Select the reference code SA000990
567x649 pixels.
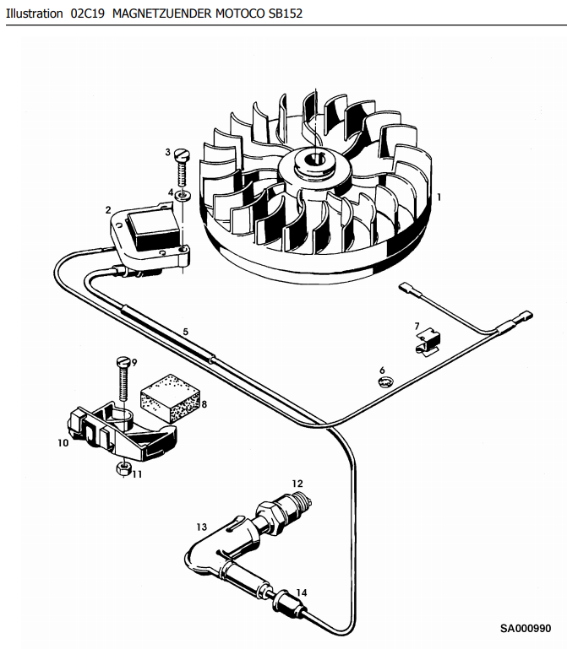click(x=525, y=629)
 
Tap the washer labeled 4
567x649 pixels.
click(x=184, y=196)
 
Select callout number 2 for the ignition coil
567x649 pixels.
click(x=107, y=209)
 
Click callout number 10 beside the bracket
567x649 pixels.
click(x=63, y=442)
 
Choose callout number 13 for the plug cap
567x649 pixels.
click(x=201, y=527)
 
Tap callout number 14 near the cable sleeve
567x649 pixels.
click(x=302, y=592)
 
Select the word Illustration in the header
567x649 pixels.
click(x=34, y=14)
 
